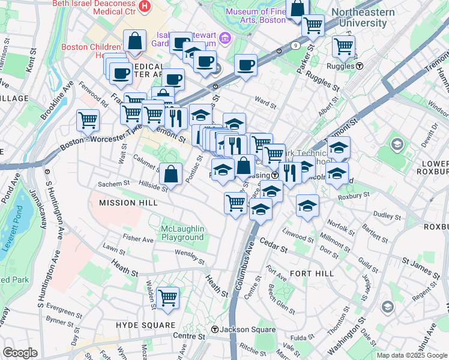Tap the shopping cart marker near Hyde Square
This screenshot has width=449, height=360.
167,297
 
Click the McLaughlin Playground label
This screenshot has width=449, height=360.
182,233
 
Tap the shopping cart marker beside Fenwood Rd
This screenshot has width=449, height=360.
88,120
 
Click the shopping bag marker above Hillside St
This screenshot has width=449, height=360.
171,174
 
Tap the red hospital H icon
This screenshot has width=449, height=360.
144,7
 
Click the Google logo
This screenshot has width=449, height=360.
20,353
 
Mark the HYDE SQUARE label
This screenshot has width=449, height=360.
141,325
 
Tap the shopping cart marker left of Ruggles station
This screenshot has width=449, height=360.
343,46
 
